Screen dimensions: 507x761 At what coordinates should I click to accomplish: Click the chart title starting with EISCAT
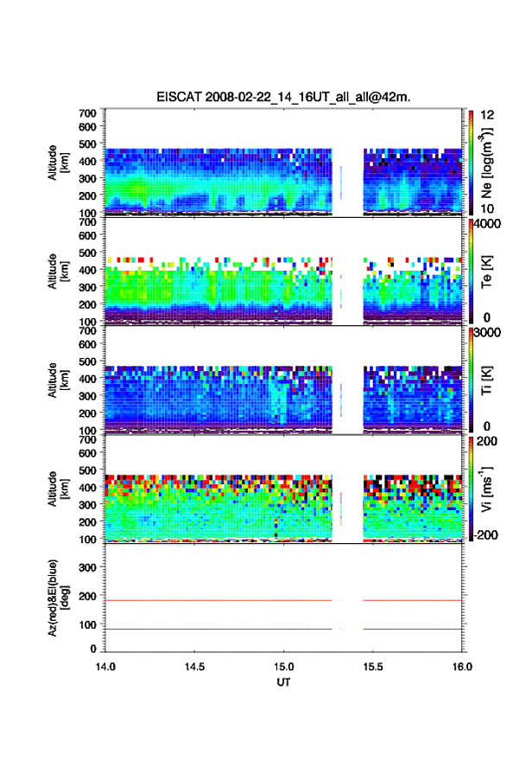pyautogui.click(x=283, y=97)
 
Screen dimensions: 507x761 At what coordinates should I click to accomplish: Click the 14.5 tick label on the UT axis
pyautogui.click(x=194, y=667)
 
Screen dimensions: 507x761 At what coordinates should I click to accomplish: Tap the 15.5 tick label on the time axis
pyautogui.click(x=373, y=667)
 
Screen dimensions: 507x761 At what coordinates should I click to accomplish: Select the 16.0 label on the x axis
pyautogui.click(x=462, y=667)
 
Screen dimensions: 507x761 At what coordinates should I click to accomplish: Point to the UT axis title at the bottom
pyautogui.click(x=283, y=682)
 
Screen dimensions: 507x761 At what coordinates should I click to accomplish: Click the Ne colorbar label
pyautogui.click(x=487, y=163)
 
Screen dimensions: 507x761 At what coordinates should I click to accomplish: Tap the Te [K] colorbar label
pyautogui.click(x=486, y=272)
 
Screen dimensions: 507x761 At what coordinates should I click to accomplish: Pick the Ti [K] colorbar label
pyautogui.click(x=486, y=380)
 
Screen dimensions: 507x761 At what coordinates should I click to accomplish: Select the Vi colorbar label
pyautogui.click(x=486, y=489)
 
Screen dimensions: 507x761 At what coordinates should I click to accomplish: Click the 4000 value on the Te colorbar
pyautogui.click(x=487, y=224)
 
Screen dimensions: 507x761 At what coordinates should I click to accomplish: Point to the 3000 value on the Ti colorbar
pyautogui.click(x=487, y=333)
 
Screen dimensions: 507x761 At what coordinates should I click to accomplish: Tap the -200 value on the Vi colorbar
pyautogui.click(x=485, y=534)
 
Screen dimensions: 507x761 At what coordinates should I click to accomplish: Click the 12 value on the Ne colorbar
pyautogui.click(x=487, y=115)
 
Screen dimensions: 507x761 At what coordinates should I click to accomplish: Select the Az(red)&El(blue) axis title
pyautogui.click(x=58, y=598)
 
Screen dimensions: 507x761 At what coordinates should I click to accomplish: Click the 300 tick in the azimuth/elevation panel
pyautogui.click(x=88, y=567)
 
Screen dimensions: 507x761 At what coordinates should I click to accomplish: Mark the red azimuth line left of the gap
pyautogui.click(x=219, y=600)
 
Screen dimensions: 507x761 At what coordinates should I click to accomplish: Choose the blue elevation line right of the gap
pyautogui.click(x=413, y=629)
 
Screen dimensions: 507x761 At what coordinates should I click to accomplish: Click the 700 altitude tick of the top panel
pyautogui.click(x=88, y=113)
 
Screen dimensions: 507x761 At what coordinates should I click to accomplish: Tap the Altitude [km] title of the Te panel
pyautogui.click(x=58, y=272)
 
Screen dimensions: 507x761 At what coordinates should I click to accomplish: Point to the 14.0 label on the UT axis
pyautogui.click(x=105, y=667)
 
